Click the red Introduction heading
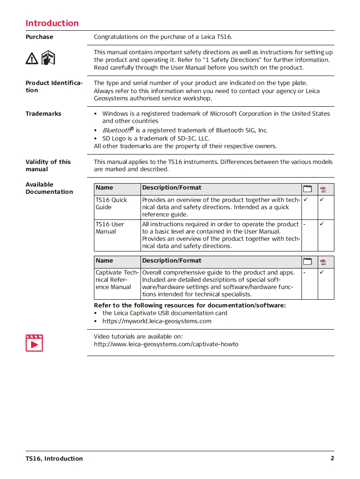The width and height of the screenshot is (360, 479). click(x=52, y=23)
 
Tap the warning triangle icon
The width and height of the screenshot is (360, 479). click(x=32, y=58)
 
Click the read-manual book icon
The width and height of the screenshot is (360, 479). click(x=48, y=57)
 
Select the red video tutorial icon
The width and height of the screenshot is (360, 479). click(x=34, y=343)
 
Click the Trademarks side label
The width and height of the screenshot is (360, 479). click(x=43, y=114)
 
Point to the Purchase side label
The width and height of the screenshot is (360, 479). click(x=39, y=37)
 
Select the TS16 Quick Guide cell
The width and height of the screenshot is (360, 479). click(x=111, y=204)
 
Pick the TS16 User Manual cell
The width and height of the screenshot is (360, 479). click(x=110, y=228)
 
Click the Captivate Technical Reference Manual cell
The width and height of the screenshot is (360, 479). click(x=117, y=280)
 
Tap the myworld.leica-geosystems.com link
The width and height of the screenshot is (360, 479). click(x=157, y=321)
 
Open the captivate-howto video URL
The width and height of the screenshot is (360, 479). click(x=166, y=344)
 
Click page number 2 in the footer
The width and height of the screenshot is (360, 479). click(x=332, y=459)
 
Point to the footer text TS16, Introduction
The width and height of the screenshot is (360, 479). click(x=54, y=459)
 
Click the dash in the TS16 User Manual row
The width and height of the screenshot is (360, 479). click(x=304, y=224)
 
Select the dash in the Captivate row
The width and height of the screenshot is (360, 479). click(x=304, y=272)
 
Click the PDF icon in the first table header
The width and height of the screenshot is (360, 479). click(x=323, y=190)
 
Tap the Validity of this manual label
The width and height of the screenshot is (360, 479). click(x=48, y=165)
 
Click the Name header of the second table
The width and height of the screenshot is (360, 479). click(x=105, y=260)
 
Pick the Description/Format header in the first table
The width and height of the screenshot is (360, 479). click(x=172, y=187)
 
